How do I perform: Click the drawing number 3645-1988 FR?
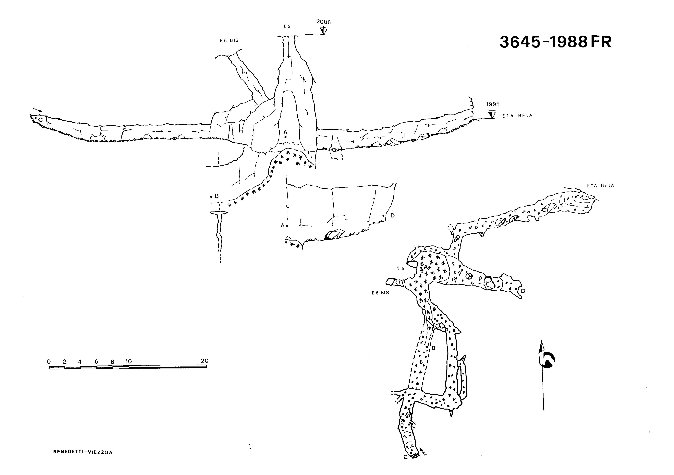(555, 42)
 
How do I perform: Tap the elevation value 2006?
(323, 22)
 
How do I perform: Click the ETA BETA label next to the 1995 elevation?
(517, 116)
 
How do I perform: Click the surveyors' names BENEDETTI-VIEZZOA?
(83, 452)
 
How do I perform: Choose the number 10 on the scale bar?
(129, 361)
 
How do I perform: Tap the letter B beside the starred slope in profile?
(217, 196)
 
